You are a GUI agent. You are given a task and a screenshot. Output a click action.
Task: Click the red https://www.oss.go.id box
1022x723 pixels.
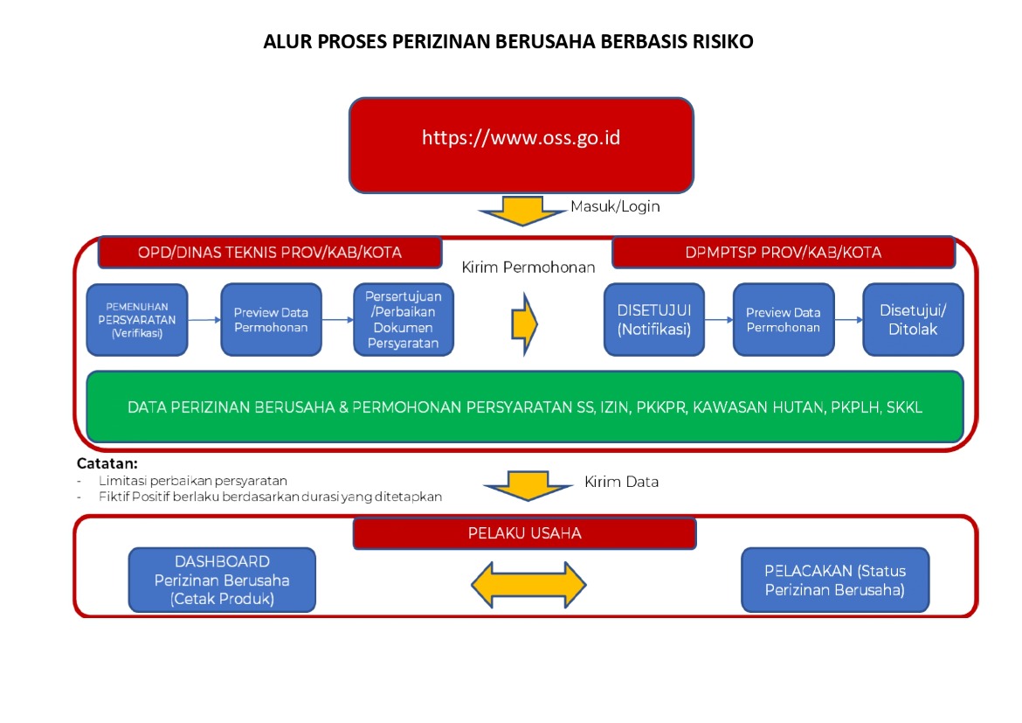pos(521,145)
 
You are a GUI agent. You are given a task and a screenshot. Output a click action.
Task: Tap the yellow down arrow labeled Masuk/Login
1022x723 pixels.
pos(522,211)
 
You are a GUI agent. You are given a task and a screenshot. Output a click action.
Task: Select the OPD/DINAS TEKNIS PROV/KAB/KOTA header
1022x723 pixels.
pos(269,253)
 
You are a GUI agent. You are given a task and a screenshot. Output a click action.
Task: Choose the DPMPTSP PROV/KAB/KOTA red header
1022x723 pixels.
pos(784,253)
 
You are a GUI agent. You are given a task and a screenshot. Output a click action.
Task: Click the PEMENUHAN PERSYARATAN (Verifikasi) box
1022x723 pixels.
pos(137,320)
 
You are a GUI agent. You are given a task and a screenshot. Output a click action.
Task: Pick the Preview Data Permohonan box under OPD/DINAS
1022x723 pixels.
pos(271,320)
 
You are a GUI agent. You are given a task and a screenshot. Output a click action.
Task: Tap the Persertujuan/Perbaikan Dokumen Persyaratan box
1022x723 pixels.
pos(403,320)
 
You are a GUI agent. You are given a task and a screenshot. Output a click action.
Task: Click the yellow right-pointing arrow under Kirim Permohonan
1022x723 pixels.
pos(524,322)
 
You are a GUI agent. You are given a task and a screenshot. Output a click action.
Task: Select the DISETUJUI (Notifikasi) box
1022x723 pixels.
pos(653,320)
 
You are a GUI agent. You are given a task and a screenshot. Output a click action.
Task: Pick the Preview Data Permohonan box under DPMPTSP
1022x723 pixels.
pos(783,320)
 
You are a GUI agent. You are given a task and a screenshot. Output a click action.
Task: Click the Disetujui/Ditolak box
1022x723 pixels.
pos(912,320)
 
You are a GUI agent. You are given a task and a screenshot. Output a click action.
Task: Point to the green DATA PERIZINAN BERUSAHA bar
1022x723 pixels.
pos(524,407)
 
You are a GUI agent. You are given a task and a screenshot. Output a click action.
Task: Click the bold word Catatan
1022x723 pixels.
pos(107,464)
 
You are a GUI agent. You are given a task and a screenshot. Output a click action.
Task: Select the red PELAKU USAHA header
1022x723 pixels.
pos(524,533)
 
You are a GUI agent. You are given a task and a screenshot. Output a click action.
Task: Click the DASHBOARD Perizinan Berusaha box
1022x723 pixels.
pos(222,580)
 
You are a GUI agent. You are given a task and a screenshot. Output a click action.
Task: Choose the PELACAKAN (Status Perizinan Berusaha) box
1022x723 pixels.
pos(835,580)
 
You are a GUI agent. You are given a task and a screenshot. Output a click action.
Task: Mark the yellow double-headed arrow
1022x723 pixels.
pos(528,583)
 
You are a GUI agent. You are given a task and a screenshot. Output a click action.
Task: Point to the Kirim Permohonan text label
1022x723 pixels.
pos(528,268)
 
